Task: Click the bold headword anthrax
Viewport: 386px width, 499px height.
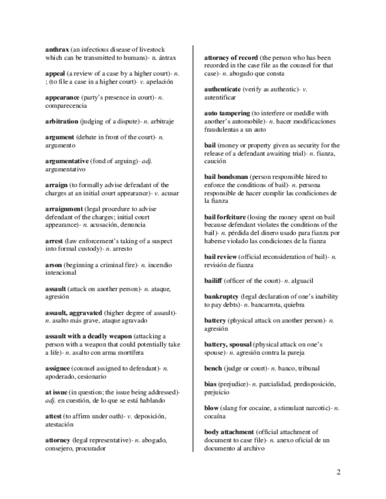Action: click(57, 49)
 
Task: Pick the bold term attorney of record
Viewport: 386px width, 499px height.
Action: click(231, 58)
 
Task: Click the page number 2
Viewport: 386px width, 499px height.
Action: click(338, 471)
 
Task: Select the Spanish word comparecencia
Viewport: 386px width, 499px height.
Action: click(66, 105)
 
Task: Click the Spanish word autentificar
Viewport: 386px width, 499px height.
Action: click(220, 97)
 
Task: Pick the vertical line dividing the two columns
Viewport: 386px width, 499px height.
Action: click(194, 247)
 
